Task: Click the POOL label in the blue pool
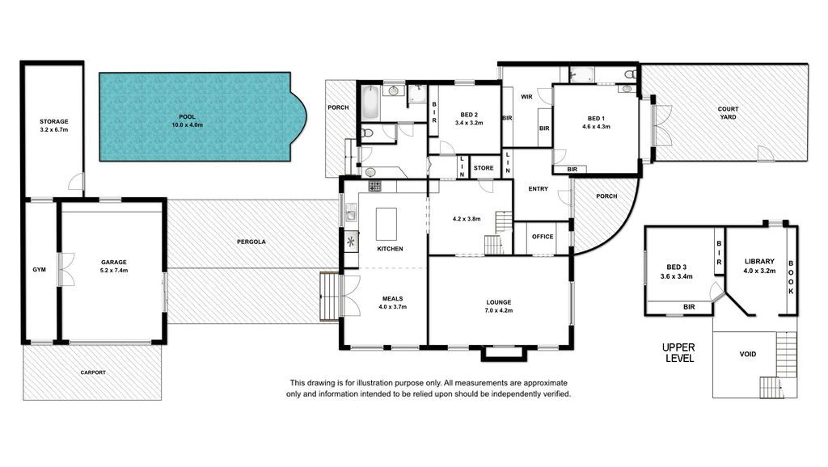pyautogui.click(x=187, y=117)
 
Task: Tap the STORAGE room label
pyautogui.click(x=54, y=121)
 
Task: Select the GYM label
pyautogui.click(x=39, y=270)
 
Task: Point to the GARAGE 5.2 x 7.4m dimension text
pyautogui.click(x=114, y=270)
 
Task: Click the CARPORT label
pyautogui.click(x=93, y=372)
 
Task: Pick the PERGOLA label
pyautogui.click(x=251, y=242)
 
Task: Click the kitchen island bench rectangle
pyautogui.click(x=386, y=224)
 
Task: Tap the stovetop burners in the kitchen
pyautogui.click(x=374, y=186)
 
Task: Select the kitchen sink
pyautogui.click(x=351, y=213)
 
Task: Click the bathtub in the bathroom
pyautogui.click(x=370, y=103)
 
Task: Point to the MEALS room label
pyautogui.click(x=392, y=299)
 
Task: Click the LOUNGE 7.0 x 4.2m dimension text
pyautogui.click(x=498, y=311)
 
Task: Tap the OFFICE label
pyautogui.click(x=543, y=237)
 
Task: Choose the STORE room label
pyautogui.click(x=484, y=168)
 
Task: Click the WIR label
pyautogui.click(x=526, y=97)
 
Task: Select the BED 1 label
pyautogui.click(x=596, y=119)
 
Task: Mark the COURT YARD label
pyautogui.click(x=729, y=113)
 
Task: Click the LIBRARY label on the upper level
pyautogui.click(x=759, y=261)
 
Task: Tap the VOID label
pyautogui.click(x=748, y=354)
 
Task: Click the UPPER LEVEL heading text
pyautogui.click(x=678, y=352)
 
